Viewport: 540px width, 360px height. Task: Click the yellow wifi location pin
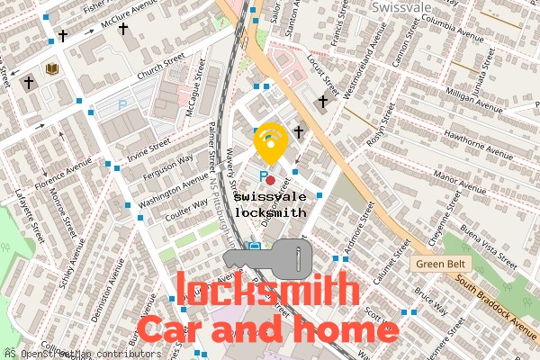[270, 142]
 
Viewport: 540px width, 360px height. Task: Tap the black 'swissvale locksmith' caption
[270, 204]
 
